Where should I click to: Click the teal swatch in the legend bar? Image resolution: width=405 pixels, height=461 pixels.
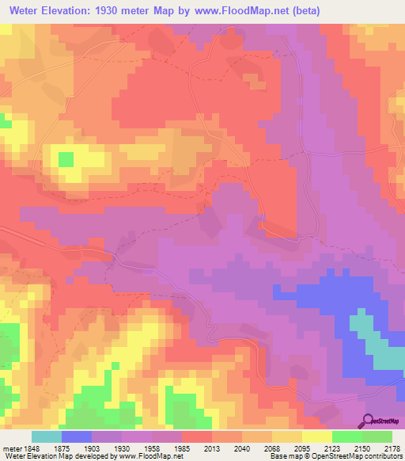point(46,436)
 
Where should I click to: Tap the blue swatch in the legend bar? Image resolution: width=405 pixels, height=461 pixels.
point(76,436)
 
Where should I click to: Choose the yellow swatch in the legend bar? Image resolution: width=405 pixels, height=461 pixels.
point(316,436)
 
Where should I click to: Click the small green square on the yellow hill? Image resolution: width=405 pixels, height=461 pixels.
point(65,159)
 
